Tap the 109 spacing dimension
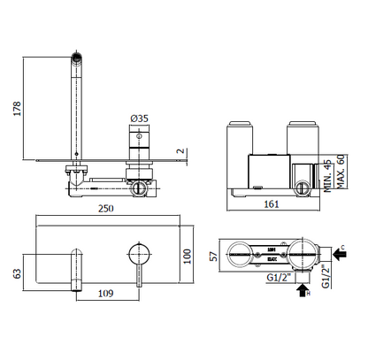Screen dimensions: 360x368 [106, 293]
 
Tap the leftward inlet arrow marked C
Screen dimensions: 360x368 [336, 240]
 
